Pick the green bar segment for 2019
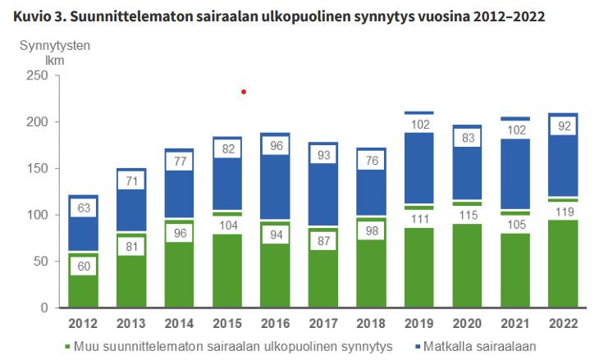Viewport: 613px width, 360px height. click(x=420, y=271)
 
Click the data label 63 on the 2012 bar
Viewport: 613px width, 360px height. click(x=83, y=208)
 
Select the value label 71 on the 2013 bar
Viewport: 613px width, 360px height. click(x=131, y=181)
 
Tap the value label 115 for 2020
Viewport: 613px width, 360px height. click(x=468, y=215)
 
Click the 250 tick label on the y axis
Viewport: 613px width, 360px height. click(x=37, y=75)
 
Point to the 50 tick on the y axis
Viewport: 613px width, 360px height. click(x=40, y=262)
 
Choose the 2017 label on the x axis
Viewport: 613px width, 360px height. click(x=324, y=323)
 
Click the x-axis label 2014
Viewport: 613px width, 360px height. click(x=179, y=323)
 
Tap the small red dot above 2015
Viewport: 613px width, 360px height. click(x=243, y=92)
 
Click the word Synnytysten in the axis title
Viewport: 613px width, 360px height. click(x=54, y=45)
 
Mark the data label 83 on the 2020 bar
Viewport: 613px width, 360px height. click(x=468, y=139)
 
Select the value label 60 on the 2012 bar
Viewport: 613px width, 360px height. click(x=83, y=265)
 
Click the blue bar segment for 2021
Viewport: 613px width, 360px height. click(x=516, y=176)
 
